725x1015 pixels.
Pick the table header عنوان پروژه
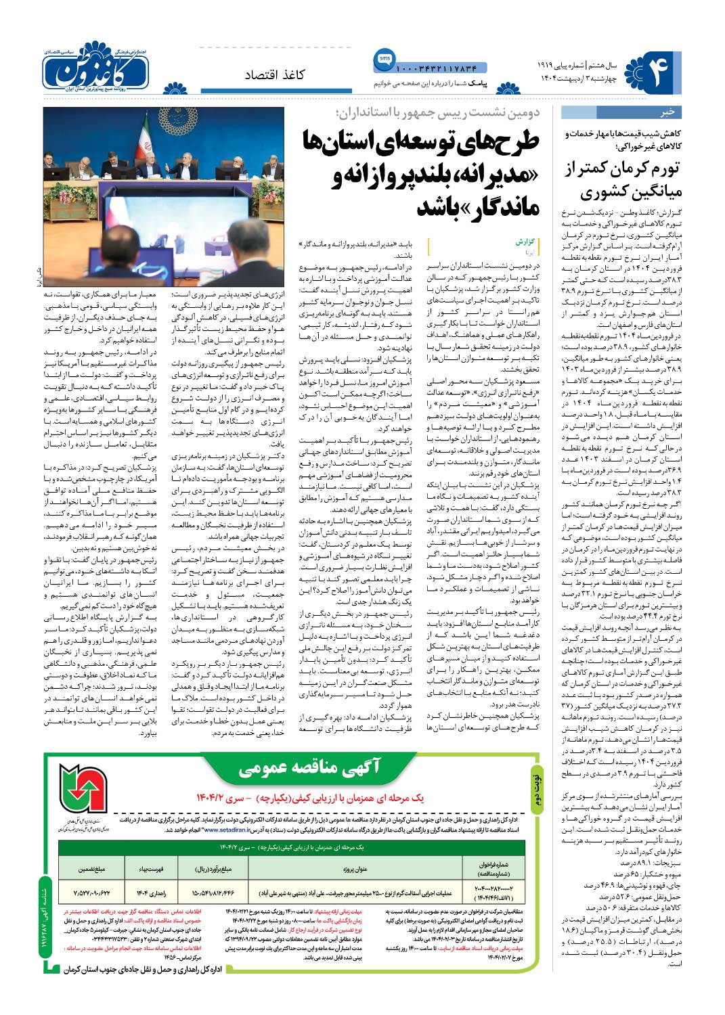point(349,869)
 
